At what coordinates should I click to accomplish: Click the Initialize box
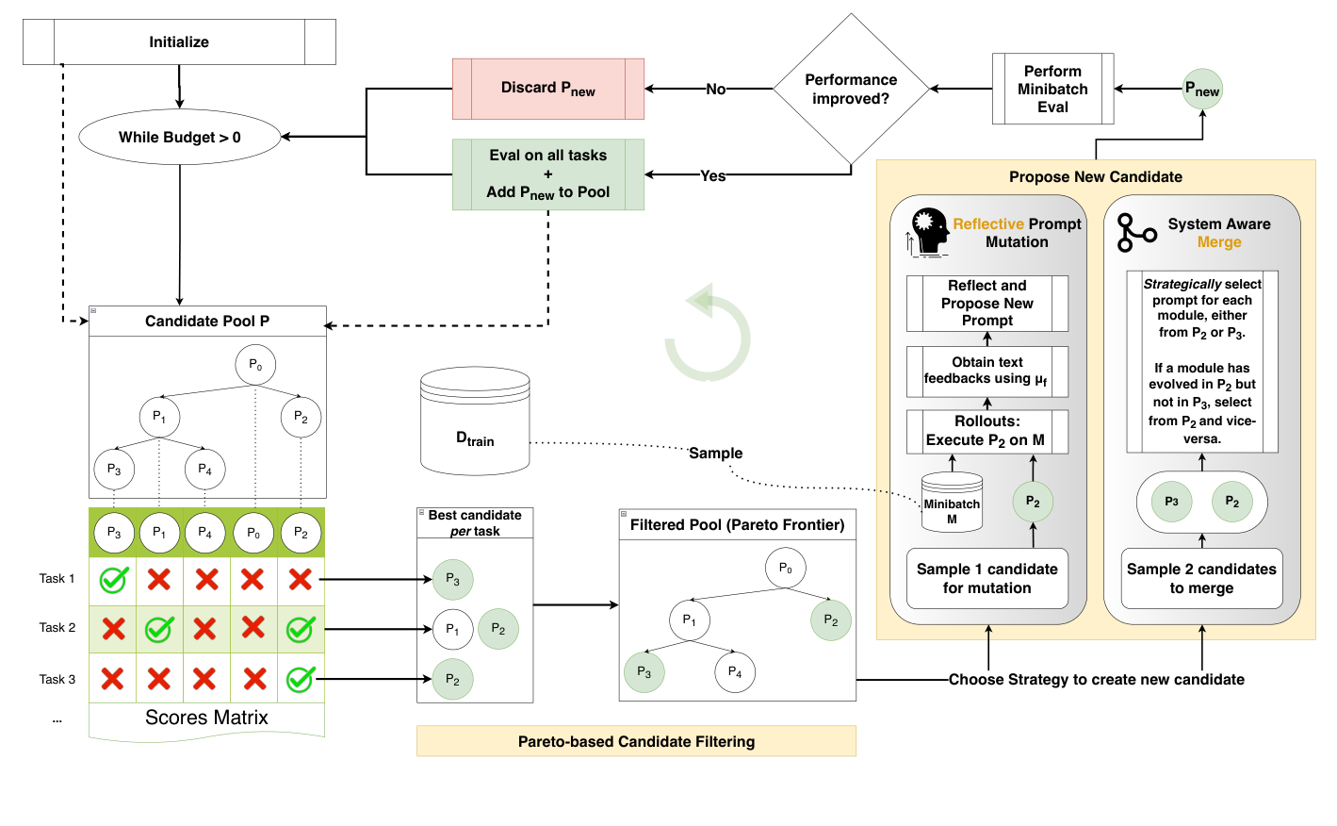point(179,42)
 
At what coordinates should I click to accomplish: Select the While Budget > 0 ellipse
point(179,138)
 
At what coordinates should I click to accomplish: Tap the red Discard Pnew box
point(547,89)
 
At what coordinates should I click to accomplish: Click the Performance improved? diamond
point(851,90)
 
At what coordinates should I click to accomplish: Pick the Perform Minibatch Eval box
point(1052,89)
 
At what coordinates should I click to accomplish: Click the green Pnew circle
point(1202,90)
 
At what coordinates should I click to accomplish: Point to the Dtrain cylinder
point(475,422)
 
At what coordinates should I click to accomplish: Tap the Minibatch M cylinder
point(952,500)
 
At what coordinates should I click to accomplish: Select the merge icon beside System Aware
point(1134,233)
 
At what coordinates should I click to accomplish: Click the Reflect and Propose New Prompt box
point(986,303)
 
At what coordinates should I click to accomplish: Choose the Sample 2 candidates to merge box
point(1201,578)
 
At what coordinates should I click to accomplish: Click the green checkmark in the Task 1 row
point(114,579)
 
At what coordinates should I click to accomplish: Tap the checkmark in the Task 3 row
point(300,679)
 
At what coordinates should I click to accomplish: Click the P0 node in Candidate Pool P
point(255,364)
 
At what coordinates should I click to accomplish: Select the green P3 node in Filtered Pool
point(644,672)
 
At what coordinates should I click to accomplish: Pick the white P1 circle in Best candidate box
point(452,629)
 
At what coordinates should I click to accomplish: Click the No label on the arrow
point(716,90)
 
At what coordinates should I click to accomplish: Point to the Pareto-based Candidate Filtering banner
point(636,741)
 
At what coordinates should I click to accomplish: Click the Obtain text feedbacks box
point(986,371)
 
